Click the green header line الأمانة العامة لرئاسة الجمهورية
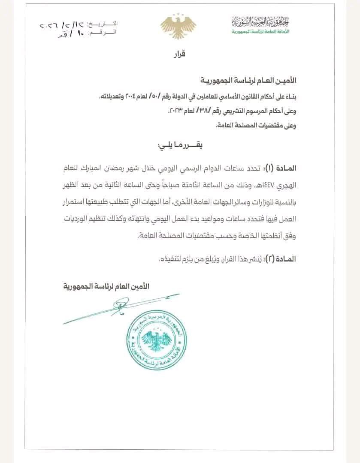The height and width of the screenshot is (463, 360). point(260,32)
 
